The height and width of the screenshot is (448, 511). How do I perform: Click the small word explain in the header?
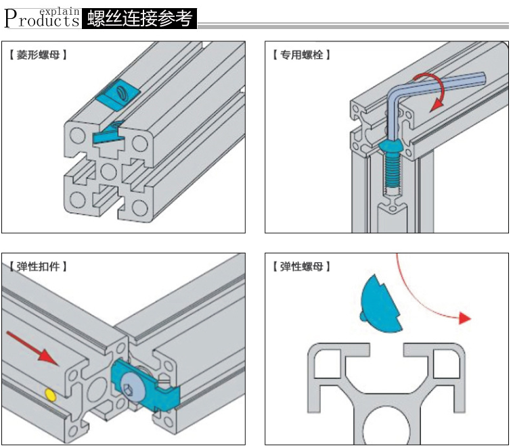coord(60,11)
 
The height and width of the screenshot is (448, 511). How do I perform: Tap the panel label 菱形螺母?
coord(39,55)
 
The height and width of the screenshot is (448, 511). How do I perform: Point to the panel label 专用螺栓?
coord(301,55)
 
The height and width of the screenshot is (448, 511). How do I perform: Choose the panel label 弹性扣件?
coord(39,267)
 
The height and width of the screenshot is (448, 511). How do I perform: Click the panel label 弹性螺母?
coord(301,267)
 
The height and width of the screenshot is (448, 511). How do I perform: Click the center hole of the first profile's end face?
coord(108,169)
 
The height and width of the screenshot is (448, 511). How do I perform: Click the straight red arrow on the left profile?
coord(30,348)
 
